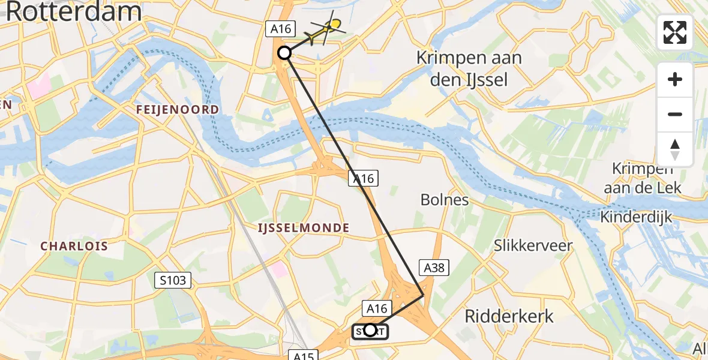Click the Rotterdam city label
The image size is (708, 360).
point(74,12)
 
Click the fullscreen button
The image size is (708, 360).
point(675,32)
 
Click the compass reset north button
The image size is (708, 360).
point(675,149)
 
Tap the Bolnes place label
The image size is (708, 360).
point(445,199)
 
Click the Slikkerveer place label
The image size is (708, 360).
point(533,245)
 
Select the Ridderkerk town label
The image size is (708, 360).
point(509,316)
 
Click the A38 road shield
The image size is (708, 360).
point(434,268)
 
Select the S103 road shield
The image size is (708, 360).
point(174,280)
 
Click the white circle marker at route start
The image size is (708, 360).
point(370,330)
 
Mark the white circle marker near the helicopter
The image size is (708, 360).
point(284,53)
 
